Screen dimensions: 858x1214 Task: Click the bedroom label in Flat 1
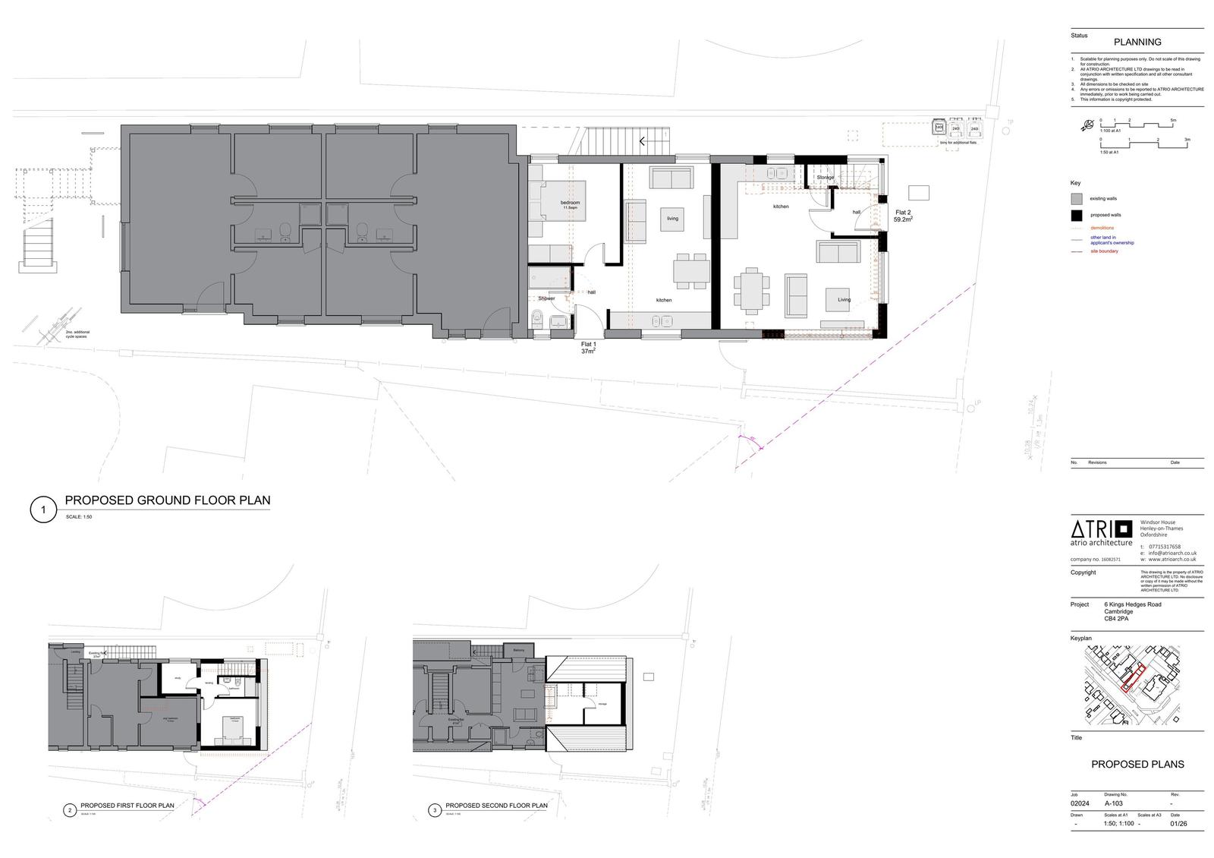570,203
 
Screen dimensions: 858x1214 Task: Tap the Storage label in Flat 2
825,178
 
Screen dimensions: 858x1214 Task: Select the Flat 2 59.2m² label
902,216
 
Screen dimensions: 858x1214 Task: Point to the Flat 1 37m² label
589,348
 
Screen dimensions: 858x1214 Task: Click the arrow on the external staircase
642,140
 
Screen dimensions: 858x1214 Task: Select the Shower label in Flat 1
546,298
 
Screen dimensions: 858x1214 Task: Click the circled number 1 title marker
43,509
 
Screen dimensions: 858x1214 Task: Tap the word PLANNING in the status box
1137,42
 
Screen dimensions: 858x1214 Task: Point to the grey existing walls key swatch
1076,199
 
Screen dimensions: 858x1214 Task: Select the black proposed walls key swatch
1076,215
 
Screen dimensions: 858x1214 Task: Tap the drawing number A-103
1113,803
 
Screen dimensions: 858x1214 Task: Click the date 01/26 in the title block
1178,824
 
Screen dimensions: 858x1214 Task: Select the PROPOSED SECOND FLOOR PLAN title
496,806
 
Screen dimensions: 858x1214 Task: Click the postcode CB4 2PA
1116,619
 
